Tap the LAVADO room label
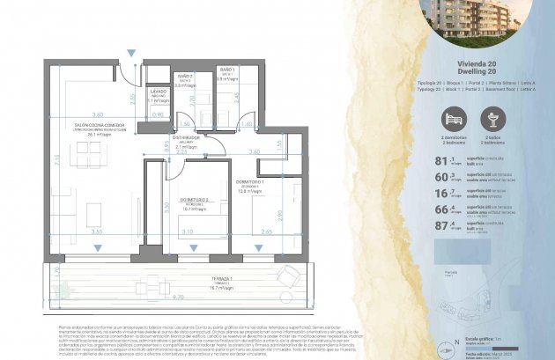[159, 92]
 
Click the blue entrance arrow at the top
[131, 55]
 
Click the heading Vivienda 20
[477, 64]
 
